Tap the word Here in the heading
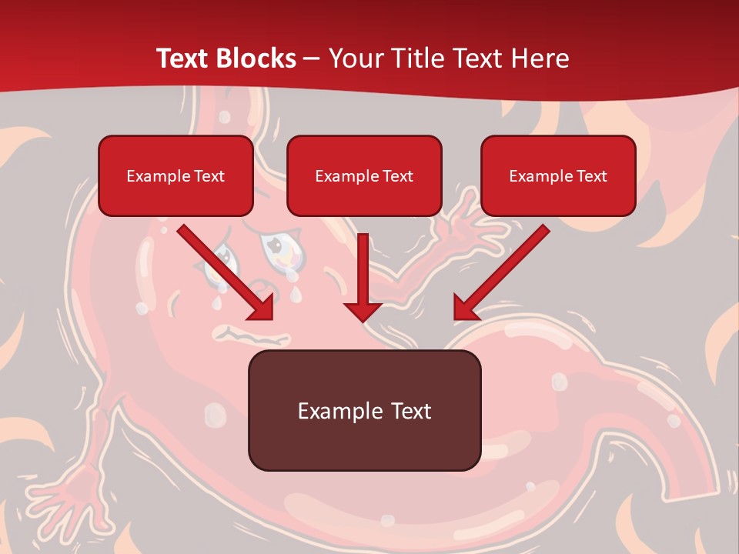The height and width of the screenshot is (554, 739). click(x=540, y=58)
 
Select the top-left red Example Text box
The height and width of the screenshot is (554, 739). click(x=176, y=176)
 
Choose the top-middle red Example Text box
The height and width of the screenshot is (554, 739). click(x=364, y=176)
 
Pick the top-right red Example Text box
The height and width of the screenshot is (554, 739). click(x=558, y=176)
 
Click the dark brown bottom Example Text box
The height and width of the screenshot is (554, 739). click(x=364, y=411)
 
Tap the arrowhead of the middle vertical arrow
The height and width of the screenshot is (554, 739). click(x=363, y=311)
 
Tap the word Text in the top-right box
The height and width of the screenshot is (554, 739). click(x=591, y=176)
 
